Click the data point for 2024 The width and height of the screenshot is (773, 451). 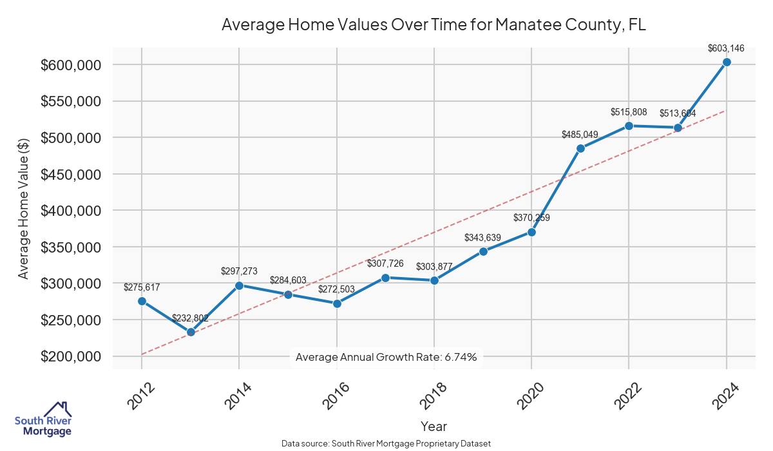pyautogui.click(x=727, y=62)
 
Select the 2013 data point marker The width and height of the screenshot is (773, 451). pyautogui.click(x=191, y=332)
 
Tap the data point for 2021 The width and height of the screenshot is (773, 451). pyautogui.click(x=580, y=148)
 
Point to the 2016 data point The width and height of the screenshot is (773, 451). pyautogui.click(x=337, y=303)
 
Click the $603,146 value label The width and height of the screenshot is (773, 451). pyautogui.click(x=726, y=48)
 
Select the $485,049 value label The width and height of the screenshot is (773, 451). pyautogui.click(x=580, y=134)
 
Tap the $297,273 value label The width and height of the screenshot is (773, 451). pyautogui.click(x=239, y=271)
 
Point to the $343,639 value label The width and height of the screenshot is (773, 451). pyautogui.click(x=482, y=238)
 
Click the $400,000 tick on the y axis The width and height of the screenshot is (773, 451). pyautogui.click(x=71, y=211)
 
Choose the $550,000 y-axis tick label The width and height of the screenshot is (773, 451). pyautogui.click(x=71, y=102)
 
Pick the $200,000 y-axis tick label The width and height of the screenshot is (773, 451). pyautogui.click(x=71, y=357)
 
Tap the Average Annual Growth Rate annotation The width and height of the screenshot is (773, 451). pyautogui.click(x=386, y=357)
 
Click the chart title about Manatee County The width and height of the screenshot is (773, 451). pyautogui.click(x=434, y=24)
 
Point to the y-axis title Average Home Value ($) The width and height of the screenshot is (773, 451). pyautogui.click(x=24, y=209)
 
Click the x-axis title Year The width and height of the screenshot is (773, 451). pyautogui.click(x=434, y=426)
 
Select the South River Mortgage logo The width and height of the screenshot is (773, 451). pyautogui.click(x=43, y=419)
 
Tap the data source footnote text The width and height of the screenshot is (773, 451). pyautogui.click(x=386, y=444)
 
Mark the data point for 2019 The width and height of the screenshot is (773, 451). pyautogui.click(x=483, y=251)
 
